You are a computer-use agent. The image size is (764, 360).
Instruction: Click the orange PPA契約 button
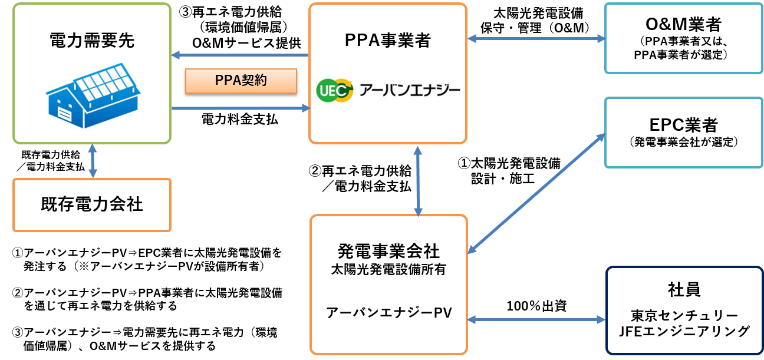[241, 81]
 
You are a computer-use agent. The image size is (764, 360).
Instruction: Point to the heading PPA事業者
[388, 40]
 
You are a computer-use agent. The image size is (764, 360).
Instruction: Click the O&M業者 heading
[683, 25]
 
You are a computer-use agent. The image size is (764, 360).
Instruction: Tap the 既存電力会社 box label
[91, 204]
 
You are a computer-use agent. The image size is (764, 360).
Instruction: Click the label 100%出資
[536, 306]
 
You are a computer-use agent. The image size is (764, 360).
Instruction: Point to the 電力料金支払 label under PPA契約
[240, 120]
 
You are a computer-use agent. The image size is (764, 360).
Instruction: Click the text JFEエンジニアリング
[684, 331]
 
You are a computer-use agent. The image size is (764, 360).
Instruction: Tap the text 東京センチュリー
[684, 315]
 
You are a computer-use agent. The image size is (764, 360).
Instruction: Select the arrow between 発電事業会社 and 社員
[536, 320]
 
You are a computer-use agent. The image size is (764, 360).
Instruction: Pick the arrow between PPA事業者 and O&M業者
[536, 39]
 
